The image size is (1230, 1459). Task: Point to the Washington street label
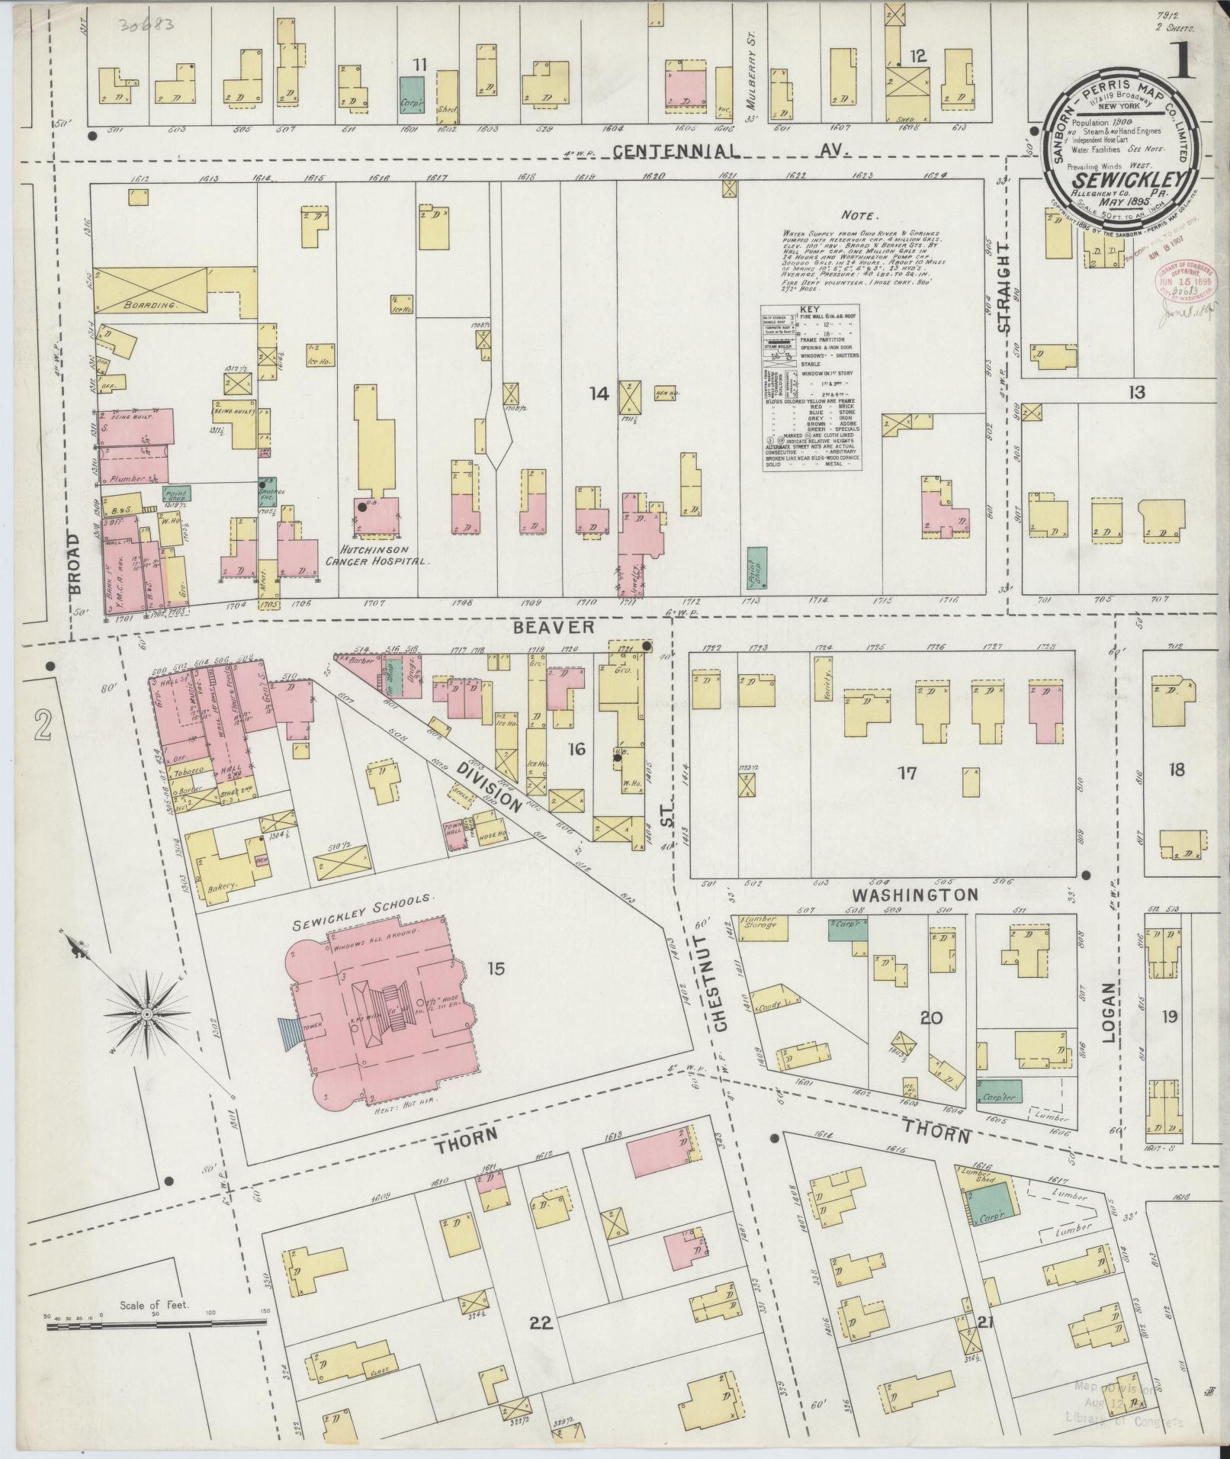pyautogui.click(x=914, y=894)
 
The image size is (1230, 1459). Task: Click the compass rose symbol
pyautogui.click(x=146, y=1014)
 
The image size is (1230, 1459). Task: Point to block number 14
pyautogui.click(x=599, y=394)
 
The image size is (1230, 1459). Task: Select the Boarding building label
pyautogui.click(x=151, y=304)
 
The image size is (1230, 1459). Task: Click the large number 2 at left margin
pyautogui.click(x=42, y=723)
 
